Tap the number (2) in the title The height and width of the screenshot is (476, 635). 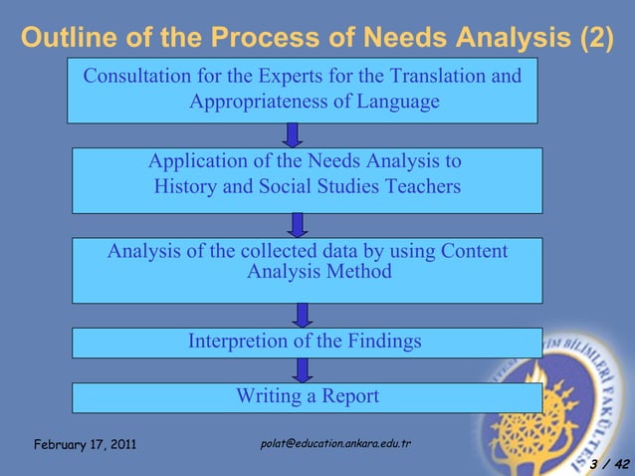[x=595, y=38]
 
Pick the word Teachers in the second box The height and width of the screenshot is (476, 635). [x=416, y=186]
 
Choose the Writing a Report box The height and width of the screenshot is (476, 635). [x=307, y=396]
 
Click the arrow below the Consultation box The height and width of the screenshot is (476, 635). [x=293, y=134]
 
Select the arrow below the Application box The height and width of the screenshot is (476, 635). [x=297, y=224]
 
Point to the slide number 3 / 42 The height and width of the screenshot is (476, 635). [x=608, y=464]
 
